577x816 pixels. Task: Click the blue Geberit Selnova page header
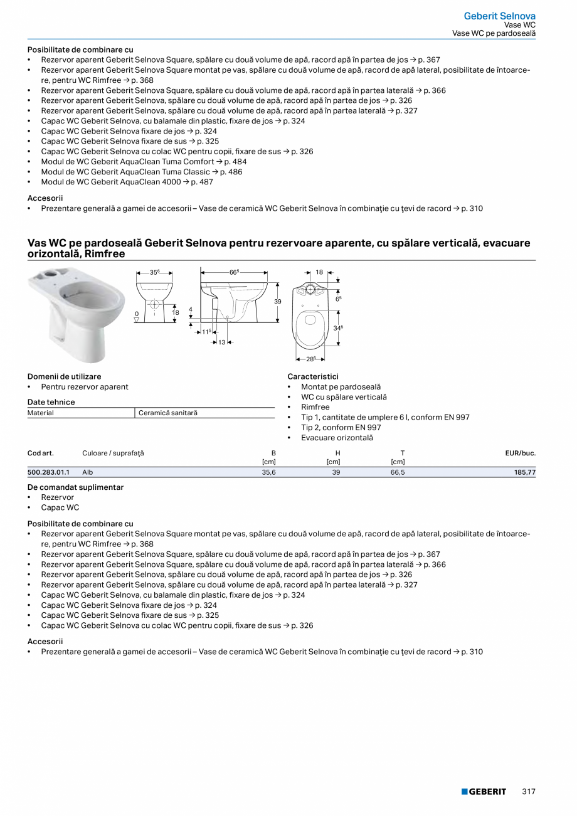click(499, 16)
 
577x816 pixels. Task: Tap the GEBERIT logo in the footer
click(484, 792)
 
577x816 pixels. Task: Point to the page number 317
click(529, 792)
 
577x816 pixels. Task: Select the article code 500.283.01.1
click(48, 472)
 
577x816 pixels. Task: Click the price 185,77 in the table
click(523, 472)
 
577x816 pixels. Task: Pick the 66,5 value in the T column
click(398, 472)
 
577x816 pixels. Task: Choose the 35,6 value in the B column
click(268, 472)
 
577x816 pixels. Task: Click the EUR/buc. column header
click(520, 453)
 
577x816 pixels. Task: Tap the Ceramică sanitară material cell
click(167, 413)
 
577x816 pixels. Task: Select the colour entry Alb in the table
click(88, 472)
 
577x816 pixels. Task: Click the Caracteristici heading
click(312, 376)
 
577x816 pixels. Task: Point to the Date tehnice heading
click(51, 402)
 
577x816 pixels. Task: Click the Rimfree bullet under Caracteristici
click(315, 407)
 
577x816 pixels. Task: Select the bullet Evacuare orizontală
click(337, 438)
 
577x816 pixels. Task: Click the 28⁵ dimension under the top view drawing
click(310, 359)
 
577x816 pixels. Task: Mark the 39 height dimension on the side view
click(278, 302)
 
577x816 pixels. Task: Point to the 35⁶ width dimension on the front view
click(154, 273)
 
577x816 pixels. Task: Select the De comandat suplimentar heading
click(75, 487)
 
